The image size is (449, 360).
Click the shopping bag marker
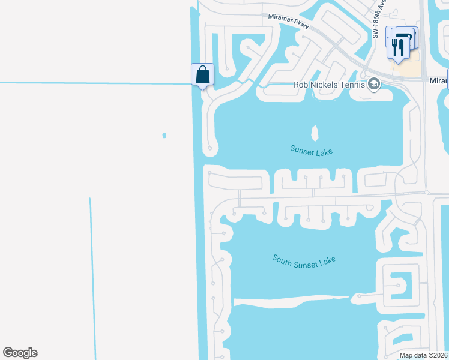(203, 75)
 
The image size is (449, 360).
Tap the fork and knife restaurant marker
(398, 47)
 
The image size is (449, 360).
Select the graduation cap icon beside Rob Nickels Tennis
(374, 84)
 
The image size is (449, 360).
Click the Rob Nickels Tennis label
(329, 85)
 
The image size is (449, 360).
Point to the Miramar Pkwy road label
(289, 22)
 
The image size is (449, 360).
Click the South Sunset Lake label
(304, 260)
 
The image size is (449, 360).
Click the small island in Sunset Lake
(314, 132)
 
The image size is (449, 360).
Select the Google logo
(20, 353)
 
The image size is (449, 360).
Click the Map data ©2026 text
(423, 355)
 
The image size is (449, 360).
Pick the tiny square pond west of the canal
(164, 136)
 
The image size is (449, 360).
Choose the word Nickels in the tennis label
(322, 85)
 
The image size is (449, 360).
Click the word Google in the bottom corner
(20, 353)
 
